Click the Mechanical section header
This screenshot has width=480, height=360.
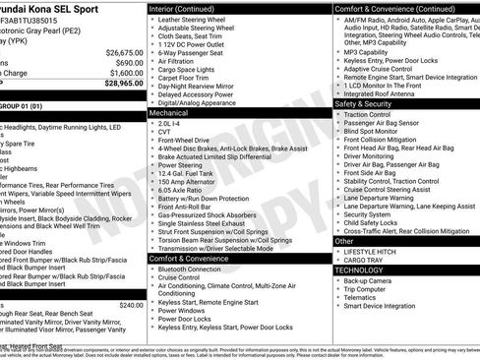(x=169, y=113)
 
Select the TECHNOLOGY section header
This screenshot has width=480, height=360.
(x=359, y=269)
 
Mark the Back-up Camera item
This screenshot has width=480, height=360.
(x=369, y=280)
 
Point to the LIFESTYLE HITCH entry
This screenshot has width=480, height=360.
(x=372, y=252)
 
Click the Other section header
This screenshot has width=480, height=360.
(x=345, y=240)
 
